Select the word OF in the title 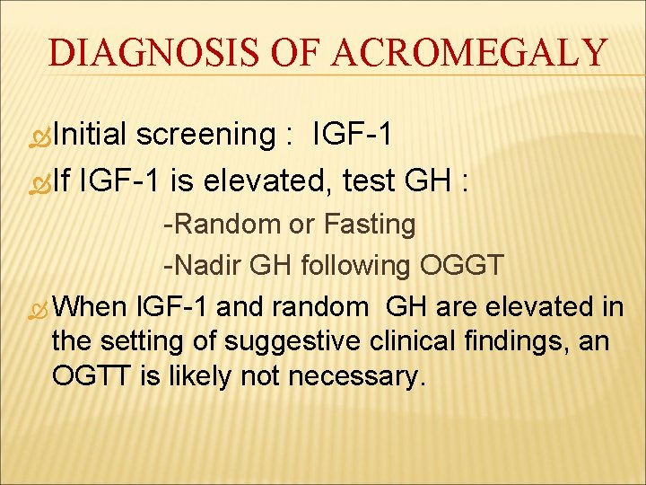pyautogui.click(x=297, y=53)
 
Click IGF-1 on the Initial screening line pyautogui.click(x=353, y=135)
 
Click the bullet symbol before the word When pyautogui.click(x=41, y=308)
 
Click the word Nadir pyautogui.click(x=205, y=265)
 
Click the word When pyautogui.click(x=91, y=306)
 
